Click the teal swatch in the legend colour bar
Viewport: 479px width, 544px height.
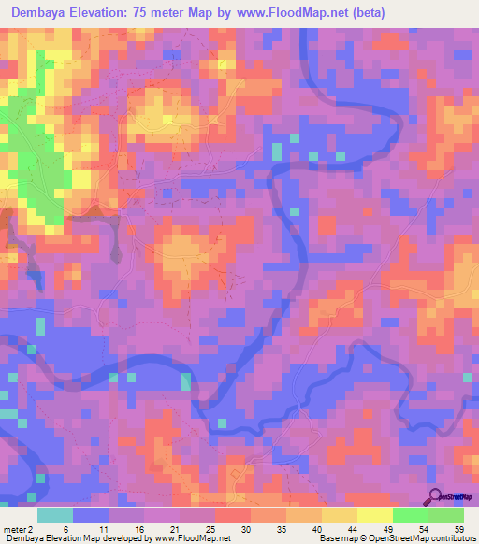click(55, 516)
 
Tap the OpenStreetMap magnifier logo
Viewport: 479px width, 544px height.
click(434, 496)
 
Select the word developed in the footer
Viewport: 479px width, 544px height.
click(116, 538)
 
